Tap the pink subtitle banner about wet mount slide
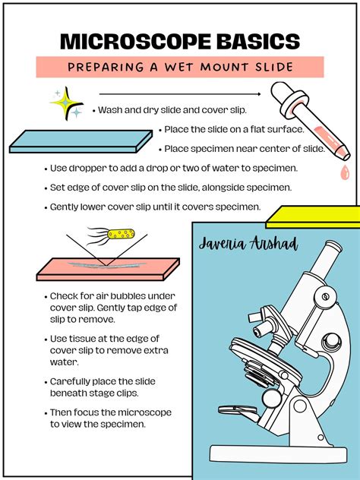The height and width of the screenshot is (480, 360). (179, 67)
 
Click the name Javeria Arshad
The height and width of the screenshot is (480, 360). (248, 245)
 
